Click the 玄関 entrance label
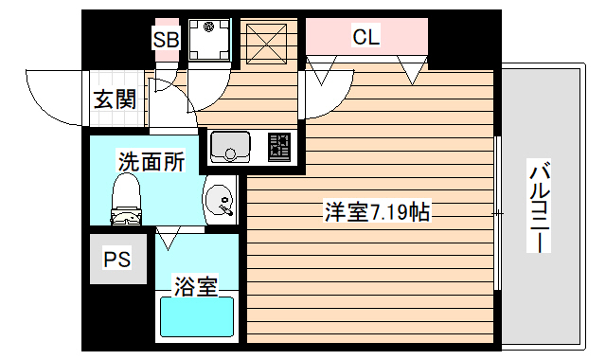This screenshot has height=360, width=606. click(x=115, y=99)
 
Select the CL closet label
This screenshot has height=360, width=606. click(x=365, y=38)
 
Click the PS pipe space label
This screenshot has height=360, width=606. click(x=116, y=260)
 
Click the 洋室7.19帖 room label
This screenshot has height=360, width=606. click(x=375, y=212)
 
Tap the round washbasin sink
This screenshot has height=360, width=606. click(x=222, y=201)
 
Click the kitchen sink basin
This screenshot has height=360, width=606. click(x=229, y=147)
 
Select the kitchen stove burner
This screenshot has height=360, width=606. click(x=281, y=147)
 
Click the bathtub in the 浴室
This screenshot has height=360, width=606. click(x=196, y=316)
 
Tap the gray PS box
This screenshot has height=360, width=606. click(x=117, y=260)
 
